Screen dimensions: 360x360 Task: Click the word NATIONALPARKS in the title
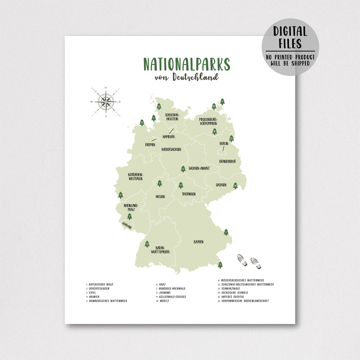[187, 64]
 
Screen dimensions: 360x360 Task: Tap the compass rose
[106, 102]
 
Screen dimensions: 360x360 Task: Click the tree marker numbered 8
[222, 102]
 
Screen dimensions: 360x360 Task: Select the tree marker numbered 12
[159, 106]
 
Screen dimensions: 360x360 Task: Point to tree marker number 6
[183, 169]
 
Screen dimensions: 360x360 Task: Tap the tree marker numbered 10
[214, 131]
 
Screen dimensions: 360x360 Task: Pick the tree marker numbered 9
[160, 183]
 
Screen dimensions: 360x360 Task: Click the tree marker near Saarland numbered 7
[130, 217]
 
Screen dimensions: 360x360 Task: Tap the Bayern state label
[199, 242]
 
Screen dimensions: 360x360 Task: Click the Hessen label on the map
[160, 197]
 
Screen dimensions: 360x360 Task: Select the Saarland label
[127, 225]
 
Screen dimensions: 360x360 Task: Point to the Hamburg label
[169, 137]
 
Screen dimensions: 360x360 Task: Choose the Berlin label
[224, 144]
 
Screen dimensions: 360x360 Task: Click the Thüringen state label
[189, 194]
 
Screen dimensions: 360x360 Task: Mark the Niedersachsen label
[171, 149]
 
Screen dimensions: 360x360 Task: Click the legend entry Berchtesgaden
[99, 289]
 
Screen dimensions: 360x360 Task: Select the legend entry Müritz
[164, 301]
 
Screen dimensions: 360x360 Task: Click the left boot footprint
[242, 260]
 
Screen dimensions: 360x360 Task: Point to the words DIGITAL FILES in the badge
[290, 37]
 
